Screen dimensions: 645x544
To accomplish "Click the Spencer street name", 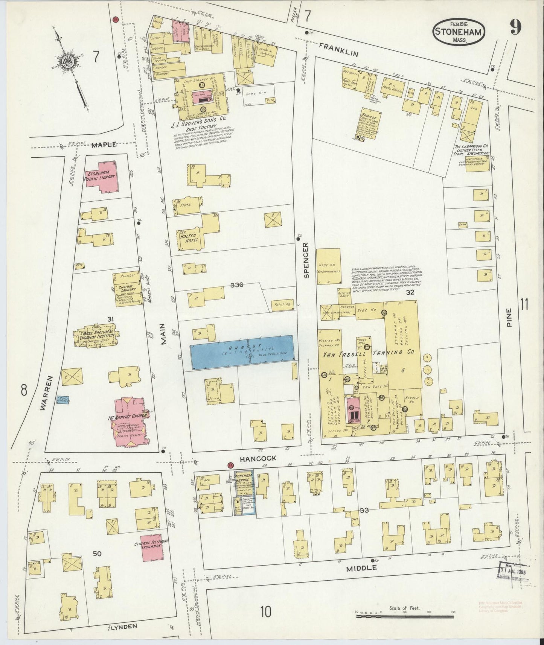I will [306, 260].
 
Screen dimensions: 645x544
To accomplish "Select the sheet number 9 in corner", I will [516, 27].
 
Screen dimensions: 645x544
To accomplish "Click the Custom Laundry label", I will [126, 289].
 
